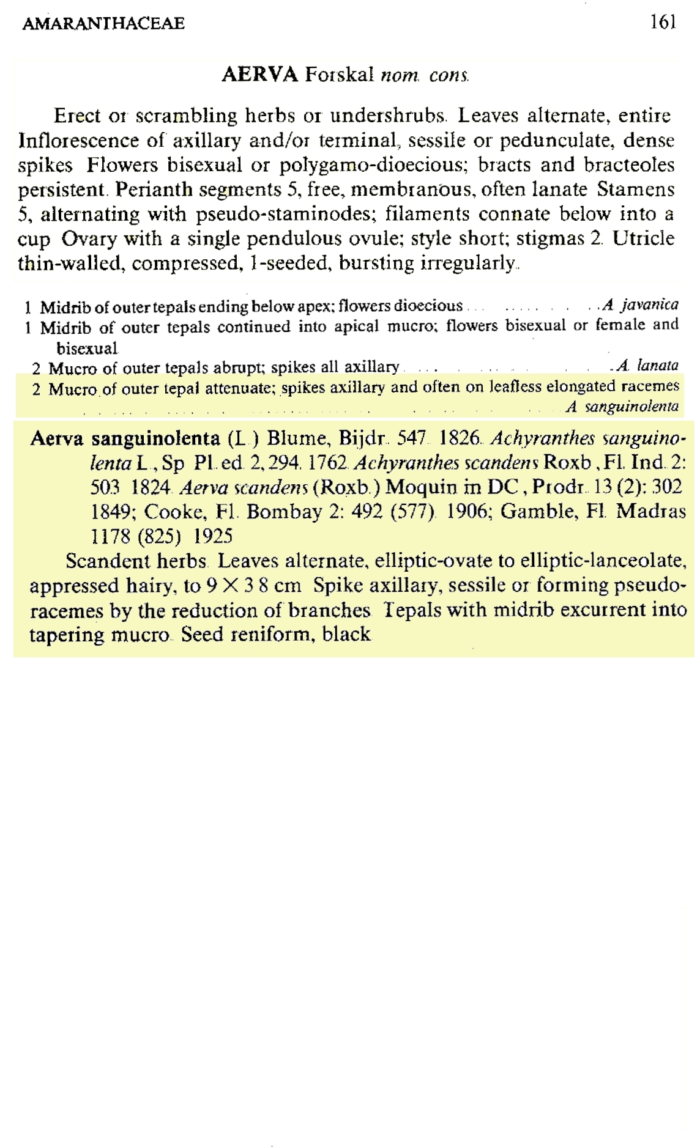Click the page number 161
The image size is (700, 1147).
click(663, 23)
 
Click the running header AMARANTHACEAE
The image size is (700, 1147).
click(103, 24)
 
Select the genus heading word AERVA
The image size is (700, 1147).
click(259, 75)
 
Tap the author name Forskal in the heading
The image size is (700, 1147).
click(340, 75)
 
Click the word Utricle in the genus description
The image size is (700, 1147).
click(644, 238)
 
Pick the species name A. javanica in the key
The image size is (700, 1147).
click(640, 304)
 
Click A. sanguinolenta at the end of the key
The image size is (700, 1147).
click(622, 407)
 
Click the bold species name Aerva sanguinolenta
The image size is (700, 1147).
click(125, 438)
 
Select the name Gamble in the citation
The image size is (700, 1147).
click(527, 511)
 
